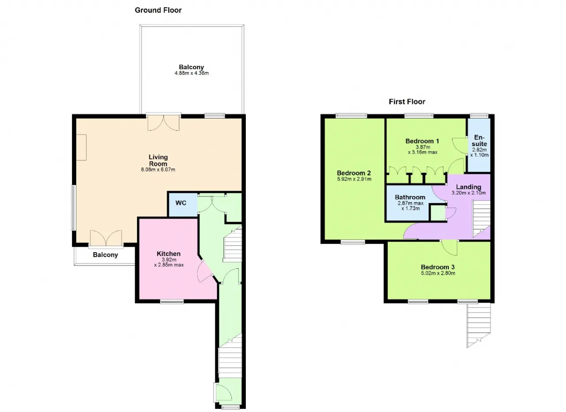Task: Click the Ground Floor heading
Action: point(158,10)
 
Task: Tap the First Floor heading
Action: point(407,102)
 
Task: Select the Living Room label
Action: point(158,160)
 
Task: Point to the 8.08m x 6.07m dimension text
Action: point(158,169)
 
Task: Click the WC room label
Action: point(181,203)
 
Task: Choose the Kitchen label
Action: point(168,254)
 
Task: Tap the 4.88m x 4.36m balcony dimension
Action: point(191,73)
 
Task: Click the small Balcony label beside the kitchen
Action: point(105,255)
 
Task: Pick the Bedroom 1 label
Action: point(422,141)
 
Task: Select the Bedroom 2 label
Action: point(354,173)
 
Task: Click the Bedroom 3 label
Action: point(438,267)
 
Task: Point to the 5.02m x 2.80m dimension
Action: point(438,273)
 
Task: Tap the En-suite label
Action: point(479,141)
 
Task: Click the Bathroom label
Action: point(410,197)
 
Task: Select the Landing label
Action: point(468,187)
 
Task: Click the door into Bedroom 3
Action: point(450,248)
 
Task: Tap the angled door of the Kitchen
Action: point(205,271)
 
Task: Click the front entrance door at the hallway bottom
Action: point(224,392)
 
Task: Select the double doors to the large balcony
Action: point(164,123)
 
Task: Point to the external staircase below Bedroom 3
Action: point(478,325)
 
